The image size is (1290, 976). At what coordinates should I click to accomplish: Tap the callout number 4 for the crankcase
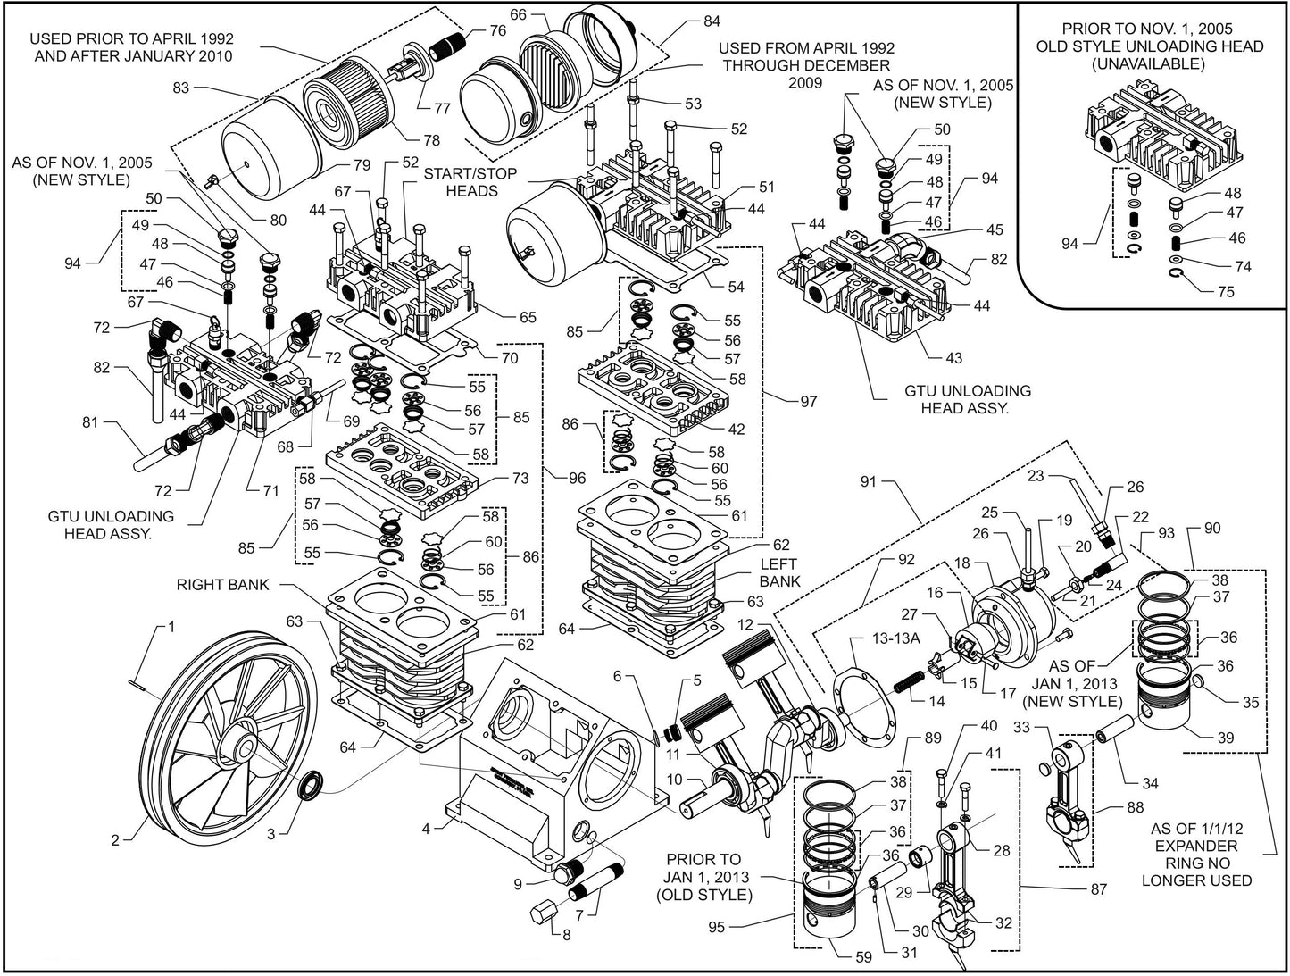click(x=427, y=829)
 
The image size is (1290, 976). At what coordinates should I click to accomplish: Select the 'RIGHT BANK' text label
click(x=224, y=586)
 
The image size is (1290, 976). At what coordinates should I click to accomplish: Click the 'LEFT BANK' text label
click(x=780, y=572)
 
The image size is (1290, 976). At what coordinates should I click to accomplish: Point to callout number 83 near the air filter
click(x=181, y=88)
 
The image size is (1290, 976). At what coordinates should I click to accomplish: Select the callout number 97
click(x=808, y=402)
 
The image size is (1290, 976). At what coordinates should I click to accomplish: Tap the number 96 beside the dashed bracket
click(x=576, y=478)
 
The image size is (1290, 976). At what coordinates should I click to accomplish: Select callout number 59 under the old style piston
click(x=863, y=957)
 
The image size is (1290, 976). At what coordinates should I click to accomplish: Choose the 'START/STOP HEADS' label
click(x=470, y=182)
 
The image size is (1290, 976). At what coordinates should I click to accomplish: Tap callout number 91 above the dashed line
click(x=869, y=482)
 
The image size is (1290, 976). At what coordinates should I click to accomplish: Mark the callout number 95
click(x=716, y=928)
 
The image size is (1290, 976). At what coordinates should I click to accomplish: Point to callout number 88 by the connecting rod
click(x=1135, y=808)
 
